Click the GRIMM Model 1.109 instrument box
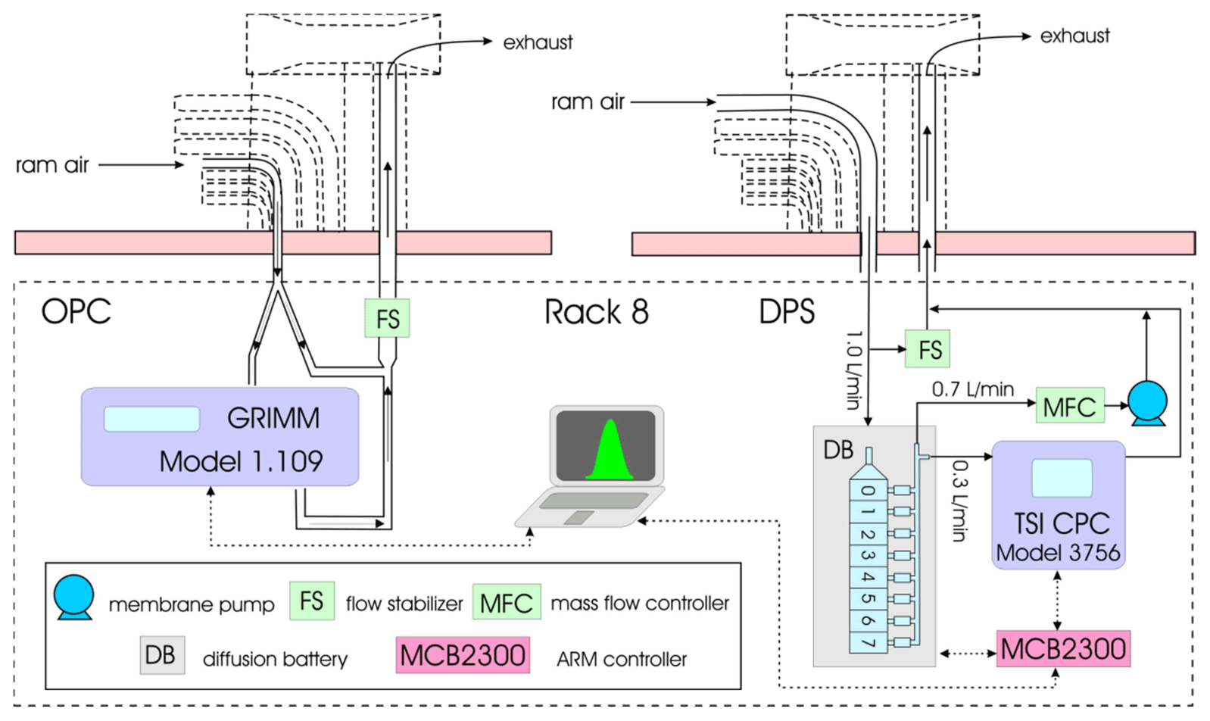tap(220, 437)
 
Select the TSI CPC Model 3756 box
tap(1058, 505)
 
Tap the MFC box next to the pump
tap(1069, 407)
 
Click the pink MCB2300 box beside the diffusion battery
tap(1062, 649)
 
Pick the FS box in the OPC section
tap(387, 319)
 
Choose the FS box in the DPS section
tap(928, 350)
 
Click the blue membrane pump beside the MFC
tap(1147, 403)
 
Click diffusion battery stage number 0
tap(869, 490)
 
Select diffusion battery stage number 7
tap(869, 642)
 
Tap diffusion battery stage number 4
tap(869, 577)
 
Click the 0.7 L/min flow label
tap(972, 389)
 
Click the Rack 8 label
tap(596, 312)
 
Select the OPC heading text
tap(76, 311)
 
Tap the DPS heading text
tap(787, 312)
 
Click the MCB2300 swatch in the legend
tap(463, 655)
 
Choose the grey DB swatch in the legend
tap(161, 655)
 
